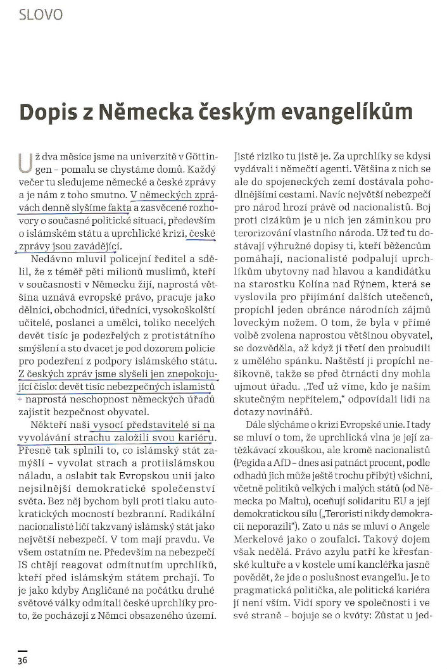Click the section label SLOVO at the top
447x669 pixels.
click(x=41, y=14)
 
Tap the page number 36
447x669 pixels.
click(x=23, y=660)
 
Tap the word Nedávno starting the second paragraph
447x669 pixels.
click(x=47, y=259)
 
